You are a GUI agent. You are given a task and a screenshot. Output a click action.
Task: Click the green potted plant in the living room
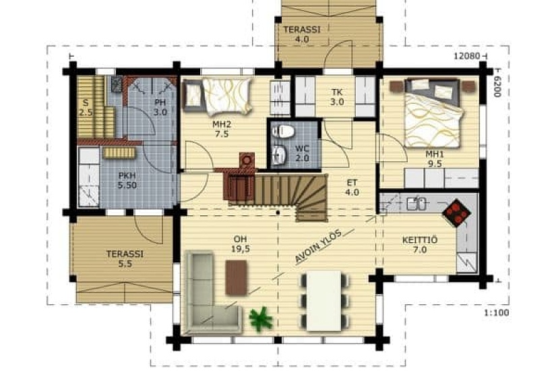[261, 319]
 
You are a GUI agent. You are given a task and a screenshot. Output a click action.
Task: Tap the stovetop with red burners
[457, 212]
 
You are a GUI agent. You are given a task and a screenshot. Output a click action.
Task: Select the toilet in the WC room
[282, 132]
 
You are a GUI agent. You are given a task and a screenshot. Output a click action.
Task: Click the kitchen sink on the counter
[416, 204]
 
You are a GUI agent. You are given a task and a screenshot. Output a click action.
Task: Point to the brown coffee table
[236, 277]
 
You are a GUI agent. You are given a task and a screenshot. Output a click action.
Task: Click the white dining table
[323, 301]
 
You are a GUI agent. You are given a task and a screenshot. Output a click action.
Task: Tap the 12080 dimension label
[467, 56]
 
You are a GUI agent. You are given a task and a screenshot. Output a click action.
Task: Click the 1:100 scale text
[497, 313]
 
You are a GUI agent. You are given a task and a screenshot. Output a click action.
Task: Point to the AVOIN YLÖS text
[319, 246]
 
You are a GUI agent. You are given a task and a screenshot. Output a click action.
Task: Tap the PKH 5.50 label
[127, 180]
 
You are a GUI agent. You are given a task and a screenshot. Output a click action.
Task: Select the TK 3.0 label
[337, 97]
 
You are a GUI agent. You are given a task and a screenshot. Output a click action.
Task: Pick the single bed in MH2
[217, 96]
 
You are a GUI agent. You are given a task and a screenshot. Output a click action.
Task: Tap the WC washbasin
[280, 154]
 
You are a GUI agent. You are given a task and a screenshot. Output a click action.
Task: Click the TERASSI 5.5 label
[125, 259]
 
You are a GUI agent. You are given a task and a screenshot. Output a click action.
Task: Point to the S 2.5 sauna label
[86, 108]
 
